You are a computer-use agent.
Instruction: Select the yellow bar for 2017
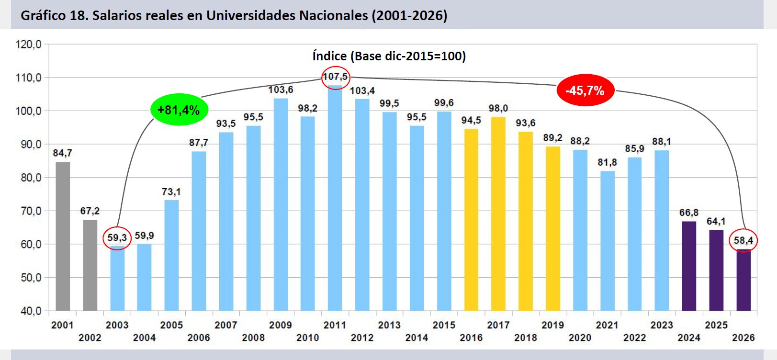[498, 214]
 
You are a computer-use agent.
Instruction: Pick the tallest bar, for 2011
[335, 198]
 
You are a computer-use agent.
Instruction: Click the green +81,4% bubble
[179, 110]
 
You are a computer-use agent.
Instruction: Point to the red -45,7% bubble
[585, 90]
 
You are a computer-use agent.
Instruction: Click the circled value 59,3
[117, 238]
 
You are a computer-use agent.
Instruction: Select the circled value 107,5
[335, 77]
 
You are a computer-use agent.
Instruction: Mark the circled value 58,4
[743, 240]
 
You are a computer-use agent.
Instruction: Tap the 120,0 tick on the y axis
[29, 45]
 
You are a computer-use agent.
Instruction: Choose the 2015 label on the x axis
[444, 325]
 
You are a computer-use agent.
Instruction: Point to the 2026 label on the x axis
[743, 337]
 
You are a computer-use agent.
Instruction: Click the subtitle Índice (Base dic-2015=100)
[389, 56]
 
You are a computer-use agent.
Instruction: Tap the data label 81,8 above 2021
[607, 162]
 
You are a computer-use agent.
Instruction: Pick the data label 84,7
[63, 153]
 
